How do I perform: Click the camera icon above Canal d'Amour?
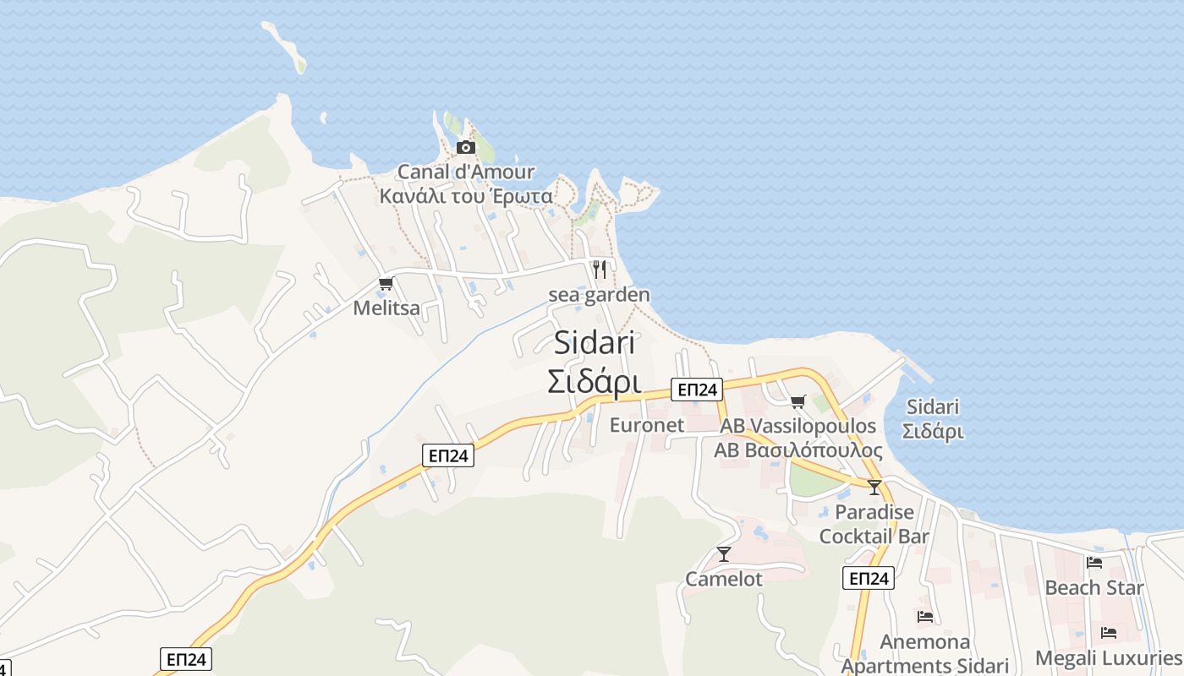465,148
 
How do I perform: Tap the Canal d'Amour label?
466,172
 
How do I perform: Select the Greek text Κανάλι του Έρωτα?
466,197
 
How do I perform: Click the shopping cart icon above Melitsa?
386,284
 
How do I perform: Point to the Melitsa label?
386,308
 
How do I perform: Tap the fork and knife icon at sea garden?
600,270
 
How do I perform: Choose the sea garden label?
599,295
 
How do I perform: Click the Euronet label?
646,425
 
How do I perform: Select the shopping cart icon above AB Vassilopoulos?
798,401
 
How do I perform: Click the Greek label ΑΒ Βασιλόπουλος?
798,450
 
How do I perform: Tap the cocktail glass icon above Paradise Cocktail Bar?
874,488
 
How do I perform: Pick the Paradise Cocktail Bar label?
874,524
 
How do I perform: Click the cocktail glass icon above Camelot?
724,554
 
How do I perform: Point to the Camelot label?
724,580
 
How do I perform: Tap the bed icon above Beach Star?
1094,563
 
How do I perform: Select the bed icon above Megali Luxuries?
1109,633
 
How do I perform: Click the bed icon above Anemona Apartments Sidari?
925,618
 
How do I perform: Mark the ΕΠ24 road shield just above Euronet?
697,390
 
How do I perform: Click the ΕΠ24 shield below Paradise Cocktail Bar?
869,578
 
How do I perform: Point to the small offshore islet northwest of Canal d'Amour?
285,46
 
